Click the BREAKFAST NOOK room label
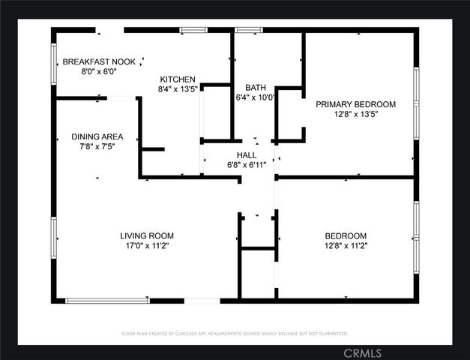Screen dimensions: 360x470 tap(99, 62)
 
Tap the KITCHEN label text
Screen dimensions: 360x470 tap(178, 79)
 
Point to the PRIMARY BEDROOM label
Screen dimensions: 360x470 tap(355, 104)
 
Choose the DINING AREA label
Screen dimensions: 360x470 tap(97, 136)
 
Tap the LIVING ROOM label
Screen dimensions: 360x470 tap(147, 235)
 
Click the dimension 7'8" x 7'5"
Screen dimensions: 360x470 tap(97, 147)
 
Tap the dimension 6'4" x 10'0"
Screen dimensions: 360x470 tap(255, 97)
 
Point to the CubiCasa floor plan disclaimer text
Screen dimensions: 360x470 tap(235, 333)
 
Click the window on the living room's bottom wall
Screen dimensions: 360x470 tap(107, 301)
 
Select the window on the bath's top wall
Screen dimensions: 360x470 tap(248, 30)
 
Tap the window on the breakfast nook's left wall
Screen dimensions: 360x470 tap(53, 63)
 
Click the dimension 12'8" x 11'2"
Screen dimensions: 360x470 tap(346, 245)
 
